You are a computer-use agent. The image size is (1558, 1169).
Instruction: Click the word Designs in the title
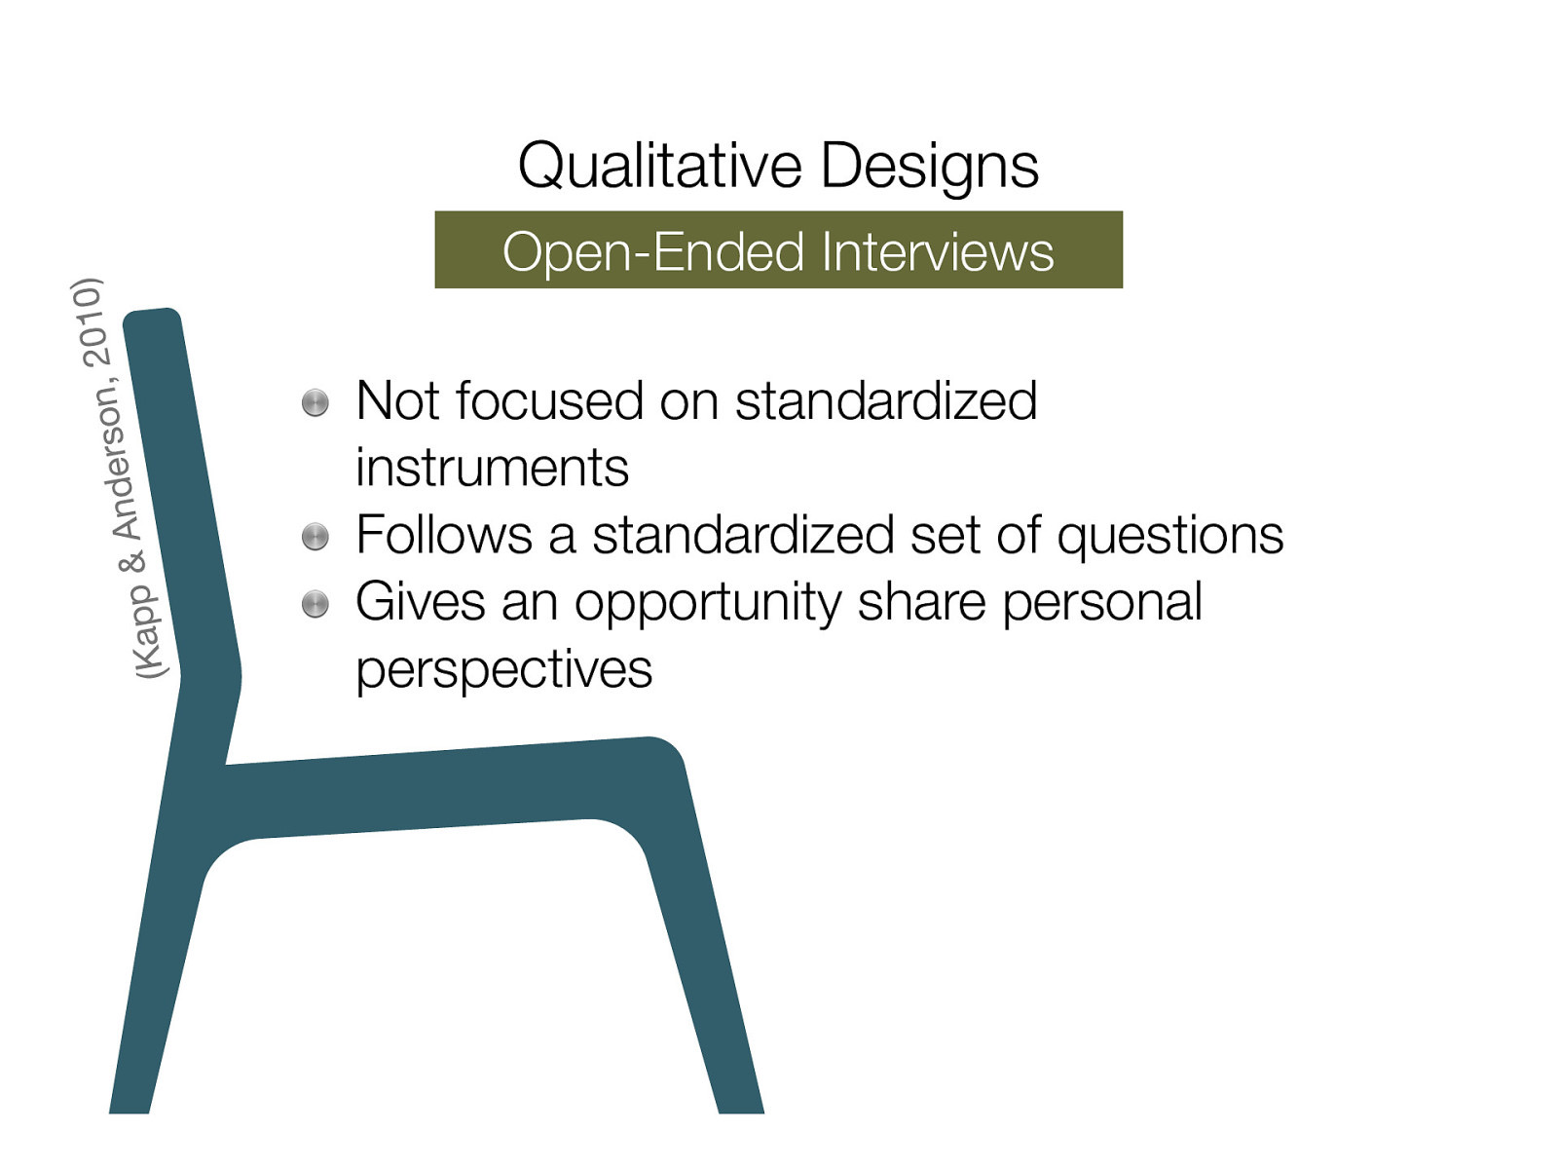pos(929,166)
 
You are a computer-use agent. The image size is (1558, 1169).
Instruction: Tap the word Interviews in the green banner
pos(937,251)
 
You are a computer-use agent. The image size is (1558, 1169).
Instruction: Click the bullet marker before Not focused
pos(315,402)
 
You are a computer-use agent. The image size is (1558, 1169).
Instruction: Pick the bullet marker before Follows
pos(315,536)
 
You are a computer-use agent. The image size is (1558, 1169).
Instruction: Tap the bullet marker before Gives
pos(315,604)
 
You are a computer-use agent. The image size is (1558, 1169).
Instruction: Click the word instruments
pos(492,468)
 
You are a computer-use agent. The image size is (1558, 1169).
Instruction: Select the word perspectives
pos(503,670)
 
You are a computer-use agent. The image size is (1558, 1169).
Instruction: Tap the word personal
pos(1102,602)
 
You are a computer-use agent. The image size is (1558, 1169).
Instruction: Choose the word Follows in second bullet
pos(443,535)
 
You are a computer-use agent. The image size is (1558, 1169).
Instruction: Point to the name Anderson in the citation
pos(121,463)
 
